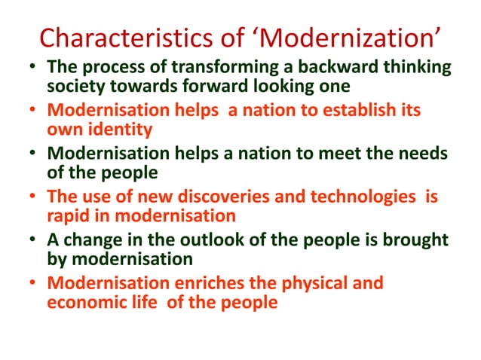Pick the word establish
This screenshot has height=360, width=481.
tap(365, 111)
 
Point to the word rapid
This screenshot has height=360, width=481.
tap(72, 215)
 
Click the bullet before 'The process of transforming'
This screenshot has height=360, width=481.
tap(32, 69)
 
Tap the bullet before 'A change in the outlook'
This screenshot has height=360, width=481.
tap(32, 241)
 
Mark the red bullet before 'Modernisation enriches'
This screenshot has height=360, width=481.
tap(32, 285)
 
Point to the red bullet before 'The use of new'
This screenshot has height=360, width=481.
tap(32, 198)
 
